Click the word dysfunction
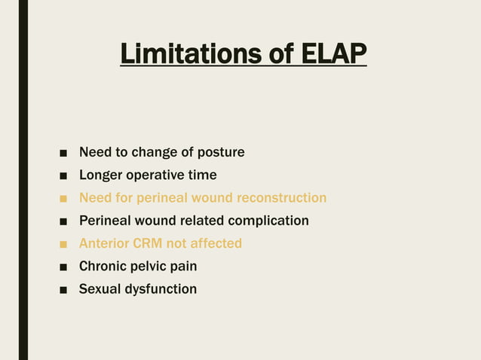161,288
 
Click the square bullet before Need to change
63,154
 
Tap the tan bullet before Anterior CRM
63,244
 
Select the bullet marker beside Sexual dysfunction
63,290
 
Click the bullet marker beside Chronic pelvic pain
63,267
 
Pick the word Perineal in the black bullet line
105,221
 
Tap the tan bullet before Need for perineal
63,199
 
